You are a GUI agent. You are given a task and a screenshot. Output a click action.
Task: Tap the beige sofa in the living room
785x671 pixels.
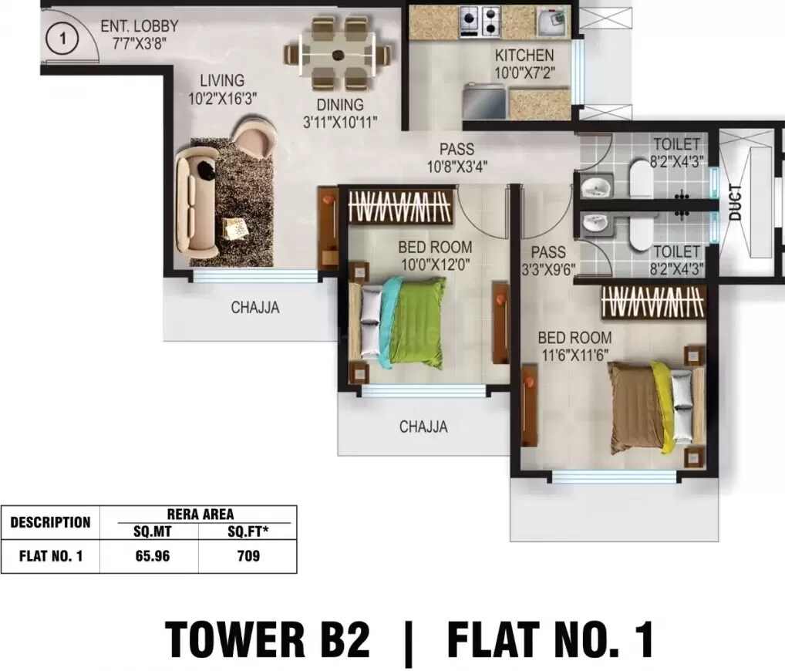[x=194, y=204]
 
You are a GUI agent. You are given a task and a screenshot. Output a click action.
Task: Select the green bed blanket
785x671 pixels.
[x=416, y=319]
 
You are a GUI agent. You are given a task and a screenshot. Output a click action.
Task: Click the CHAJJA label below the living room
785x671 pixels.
[x=255, y=308]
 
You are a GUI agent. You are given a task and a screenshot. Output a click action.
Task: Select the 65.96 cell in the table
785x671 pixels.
[x=149, y=555]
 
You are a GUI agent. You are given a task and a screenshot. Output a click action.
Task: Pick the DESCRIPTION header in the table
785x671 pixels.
[x=50, y=522]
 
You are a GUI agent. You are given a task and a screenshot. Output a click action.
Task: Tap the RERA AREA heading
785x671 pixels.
[x=199, y=514]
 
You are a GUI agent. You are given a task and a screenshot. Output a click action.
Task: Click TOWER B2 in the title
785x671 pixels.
[x=268, y=639]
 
